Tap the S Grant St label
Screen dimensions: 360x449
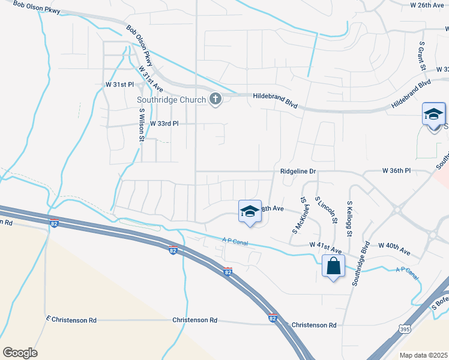pos(422,53)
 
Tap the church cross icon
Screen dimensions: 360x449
pos(215,99)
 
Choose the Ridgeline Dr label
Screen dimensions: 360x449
pos(298,172)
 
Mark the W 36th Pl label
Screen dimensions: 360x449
pos(396,171)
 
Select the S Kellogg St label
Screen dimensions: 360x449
pos(349,217)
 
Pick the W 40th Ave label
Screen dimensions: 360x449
pos(394,245)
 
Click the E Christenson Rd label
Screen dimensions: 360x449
pos(71,320)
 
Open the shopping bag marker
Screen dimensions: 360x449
pos(333,266)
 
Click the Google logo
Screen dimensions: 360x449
pos(20,353)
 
